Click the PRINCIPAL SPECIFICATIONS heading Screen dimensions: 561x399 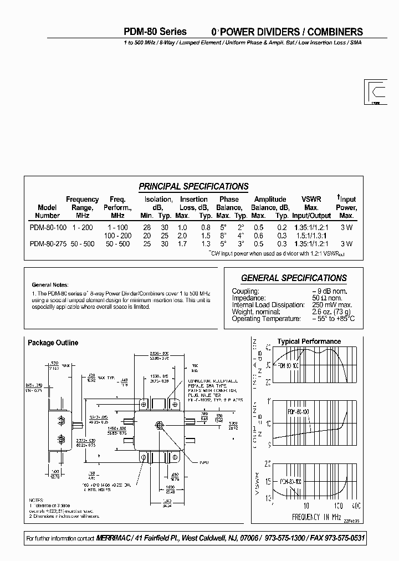[x=193, y=186]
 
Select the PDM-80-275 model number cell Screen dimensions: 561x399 [x=48, y=244]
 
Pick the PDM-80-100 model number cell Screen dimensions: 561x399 [x=48, y=228]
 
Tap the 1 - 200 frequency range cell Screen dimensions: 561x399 [x=82, y=228]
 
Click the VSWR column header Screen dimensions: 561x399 [x=311, y=200]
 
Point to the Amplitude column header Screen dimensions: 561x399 [x=270, y=200]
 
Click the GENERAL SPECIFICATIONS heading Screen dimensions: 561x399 [x=294, y=278]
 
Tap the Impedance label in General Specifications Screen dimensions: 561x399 [x=250, y=298]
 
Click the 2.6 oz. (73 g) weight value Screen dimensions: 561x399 [x=334, y=312]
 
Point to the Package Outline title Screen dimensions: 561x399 [x=53, y=343]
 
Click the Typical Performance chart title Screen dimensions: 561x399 [x=309, y=341]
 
